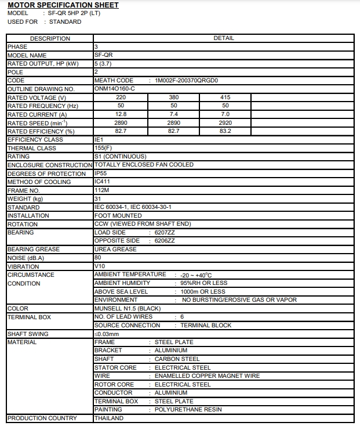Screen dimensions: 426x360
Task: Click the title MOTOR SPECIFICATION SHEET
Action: point(63,5)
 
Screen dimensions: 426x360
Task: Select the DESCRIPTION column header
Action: point(50,38)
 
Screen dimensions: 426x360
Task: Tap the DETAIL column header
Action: point(224,38)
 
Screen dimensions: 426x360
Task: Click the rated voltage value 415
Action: point(226,98)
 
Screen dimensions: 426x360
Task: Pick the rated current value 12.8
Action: point(121,114)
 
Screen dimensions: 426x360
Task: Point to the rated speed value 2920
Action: point(226,123)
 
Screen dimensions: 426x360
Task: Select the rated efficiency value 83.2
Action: point(226,131)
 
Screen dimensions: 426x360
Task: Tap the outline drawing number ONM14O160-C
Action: point(115,89)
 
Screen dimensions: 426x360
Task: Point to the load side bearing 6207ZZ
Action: point(165,232)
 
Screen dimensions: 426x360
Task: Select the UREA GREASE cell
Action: point(115,249)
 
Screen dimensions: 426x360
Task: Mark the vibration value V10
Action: point(99,266)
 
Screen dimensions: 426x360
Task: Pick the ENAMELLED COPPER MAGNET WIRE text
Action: point(207,376)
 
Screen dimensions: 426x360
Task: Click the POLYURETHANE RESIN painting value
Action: point(188,410)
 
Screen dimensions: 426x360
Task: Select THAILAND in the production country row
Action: point(108,418)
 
